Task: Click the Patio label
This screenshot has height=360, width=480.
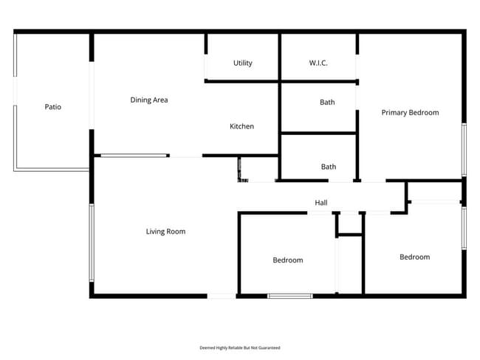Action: (52, 107)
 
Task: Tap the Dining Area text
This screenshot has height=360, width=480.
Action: (149, 100)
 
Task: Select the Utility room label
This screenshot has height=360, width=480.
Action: (243, 63)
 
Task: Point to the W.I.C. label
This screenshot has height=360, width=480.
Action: (318, 63)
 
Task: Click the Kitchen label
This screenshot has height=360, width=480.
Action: (241, 127)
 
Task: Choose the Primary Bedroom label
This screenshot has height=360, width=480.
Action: (410, 113)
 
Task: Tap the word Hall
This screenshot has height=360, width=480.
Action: (321, 203)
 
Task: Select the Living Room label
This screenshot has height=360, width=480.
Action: (165, 232)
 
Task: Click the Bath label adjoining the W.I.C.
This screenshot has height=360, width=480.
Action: (327, 103)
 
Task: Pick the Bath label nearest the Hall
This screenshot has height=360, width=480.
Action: (329, 167)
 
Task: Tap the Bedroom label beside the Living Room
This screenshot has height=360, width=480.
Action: (288, 260)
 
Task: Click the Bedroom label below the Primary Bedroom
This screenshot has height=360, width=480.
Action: (414, 257)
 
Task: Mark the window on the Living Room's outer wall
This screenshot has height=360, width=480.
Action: (92, 243)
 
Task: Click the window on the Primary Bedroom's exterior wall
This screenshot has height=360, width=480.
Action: (464, 149)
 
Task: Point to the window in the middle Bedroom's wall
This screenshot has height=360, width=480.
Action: (289, 296)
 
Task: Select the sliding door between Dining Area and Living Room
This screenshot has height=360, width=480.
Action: (134, 156)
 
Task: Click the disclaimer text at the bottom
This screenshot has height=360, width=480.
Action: (240, 347)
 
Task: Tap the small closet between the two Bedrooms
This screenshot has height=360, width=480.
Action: (349, 224)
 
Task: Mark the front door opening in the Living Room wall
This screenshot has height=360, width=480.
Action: (222, 296)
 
